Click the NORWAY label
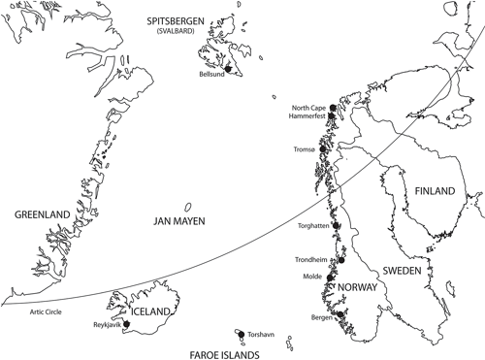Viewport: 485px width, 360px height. (x=358, y=289)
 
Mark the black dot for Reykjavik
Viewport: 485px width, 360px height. (x=125, y=323)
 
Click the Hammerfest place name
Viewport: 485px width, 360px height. (x=307, y=116)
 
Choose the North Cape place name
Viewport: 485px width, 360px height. (x=308, y=107)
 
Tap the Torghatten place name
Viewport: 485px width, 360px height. (x=309, y=226)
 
